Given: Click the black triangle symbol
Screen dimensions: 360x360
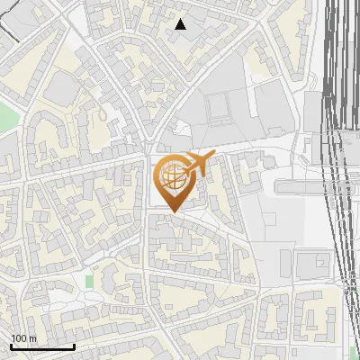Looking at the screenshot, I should [181, 24].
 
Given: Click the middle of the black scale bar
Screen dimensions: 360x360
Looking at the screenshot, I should [42, 346].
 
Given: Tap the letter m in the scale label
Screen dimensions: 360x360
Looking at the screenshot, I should [32, 338].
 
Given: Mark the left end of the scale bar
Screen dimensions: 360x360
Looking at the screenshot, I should [11, 346].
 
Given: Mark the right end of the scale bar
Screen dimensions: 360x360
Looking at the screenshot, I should [74, 346].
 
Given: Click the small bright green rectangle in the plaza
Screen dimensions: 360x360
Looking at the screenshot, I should [90, 281].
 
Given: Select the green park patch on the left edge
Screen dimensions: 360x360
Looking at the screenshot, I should [4, 117].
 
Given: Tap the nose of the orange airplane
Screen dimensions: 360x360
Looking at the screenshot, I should [215, 157].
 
